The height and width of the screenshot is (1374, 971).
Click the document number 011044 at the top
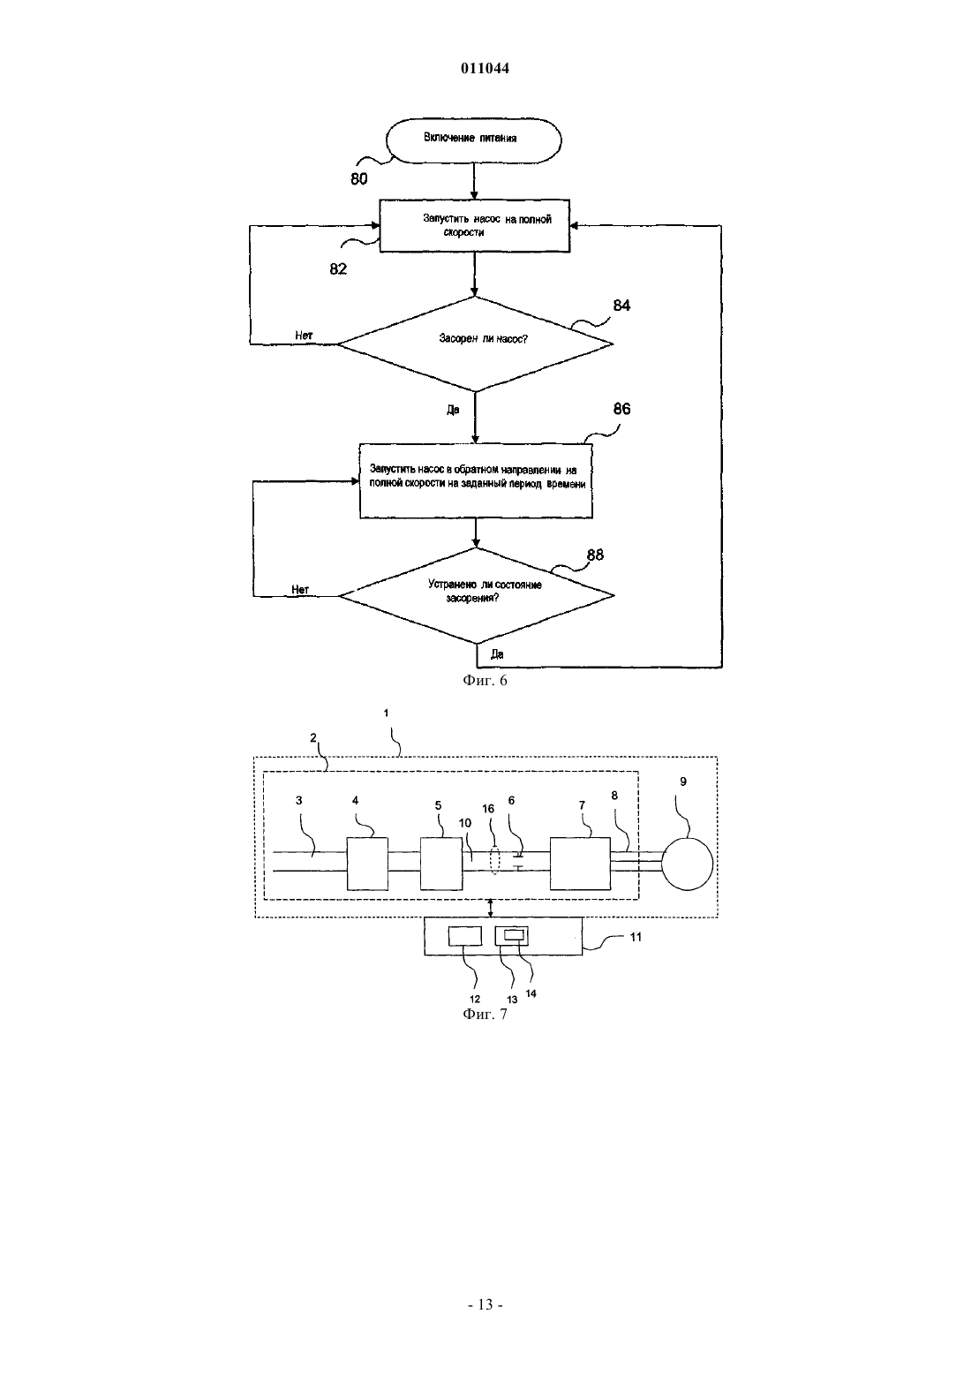pyautogui.click(x=485, y=68)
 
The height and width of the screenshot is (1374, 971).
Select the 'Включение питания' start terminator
pyautogui.click(x=473, y=140)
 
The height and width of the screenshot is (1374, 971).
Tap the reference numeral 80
pyautogui.click(x=358, y=178)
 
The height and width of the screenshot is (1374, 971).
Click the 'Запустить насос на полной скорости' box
pyautogui.click(x=475, y=226)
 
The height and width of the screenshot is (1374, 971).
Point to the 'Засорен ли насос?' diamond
pyautogui.click(x=476, y=343)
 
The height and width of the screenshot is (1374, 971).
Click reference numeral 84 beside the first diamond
pyautogui.click(x=621, y=306)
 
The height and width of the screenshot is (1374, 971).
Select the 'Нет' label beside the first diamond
pyautogui.click(x=304, y=336)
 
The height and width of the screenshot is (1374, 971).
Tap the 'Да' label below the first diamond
pyautogui.click(x=453, y=410)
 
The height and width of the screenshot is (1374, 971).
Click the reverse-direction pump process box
pyautogui.click(x=476, y=481)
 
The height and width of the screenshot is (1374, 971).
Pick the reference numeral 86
pyautogui.click(x=621, y=409)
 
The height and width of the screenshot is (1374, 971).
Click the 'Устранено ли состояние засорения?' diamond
pyautogui.click(x=477, y=595)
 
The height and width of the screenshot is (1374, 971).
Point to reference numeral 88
pyautogui.click(x=595, y=555)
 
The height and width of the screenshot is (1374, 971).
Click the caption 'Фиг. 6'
pyautogui.click(x=485, y=680)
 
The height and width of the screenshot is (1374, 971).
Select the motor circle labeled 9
pyautogui.click(x=688, y=864)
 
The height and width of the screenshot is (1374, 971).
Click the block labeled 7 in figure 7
pyautogui.click(x=580, y=864)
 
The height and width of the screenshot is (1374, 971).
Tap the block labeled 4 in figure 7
pyautogui.click(x=368, y=864)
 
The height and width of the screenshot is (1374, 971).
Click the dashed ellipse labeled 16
pyautogui.click(x=495, y=861)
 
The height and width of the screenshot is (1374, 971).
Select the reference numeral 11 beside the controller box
pyautogui.click(x=636, y=937)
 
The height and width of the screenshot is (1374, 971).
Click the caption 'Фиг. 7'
pyautogui.click(x=485, y=1014)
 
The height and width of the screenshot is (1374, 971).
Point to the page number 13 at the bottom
pyautogui.click(x=485, y=1304)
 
